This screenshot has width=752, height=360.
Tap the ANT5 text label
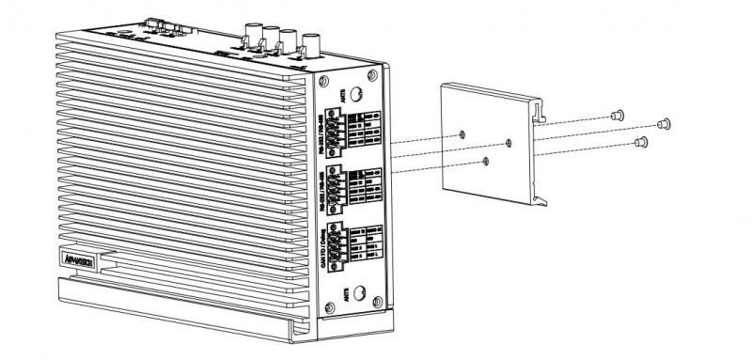pyautogui.click(x=345, y=91)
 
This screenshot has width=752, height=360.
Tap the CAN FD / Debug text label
pyautogui.click(x=330, y=246)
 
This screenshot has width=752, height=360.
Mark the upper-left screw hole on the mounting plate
pyautogui.click(x=465, y=134)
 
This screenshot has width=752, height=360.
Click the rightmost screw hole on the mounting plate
pyautogui.click(x=509, y=142)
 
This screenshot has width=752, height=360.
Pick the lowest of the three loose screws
pyautogui.click(x=641, y=143)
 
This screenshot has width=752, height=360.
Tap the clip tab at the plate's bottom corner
pyautogui.click(x=542, y=196)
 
